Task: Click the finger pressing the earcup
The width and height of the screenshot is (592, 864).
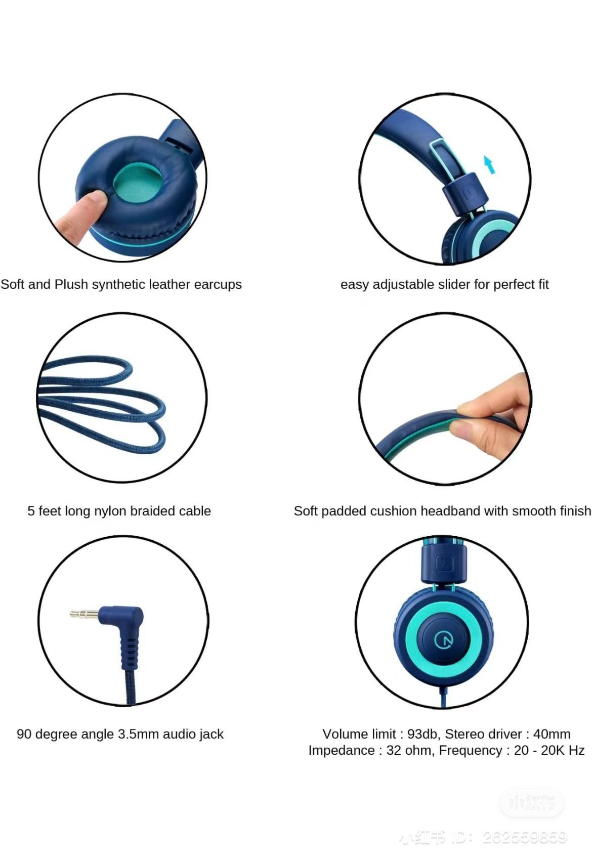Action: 81,218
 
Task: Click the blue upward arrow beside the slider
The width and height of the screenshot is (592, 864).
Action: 489,164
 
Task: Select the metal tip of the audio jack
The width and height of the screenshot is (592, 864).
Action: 83,614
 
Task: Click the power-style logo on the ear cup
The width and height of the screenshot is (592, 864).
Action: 444,640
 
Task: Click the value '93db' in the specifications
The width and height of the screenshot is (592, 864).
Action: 422,734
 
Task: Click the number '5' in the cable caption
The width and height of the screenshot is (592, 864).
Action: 31,511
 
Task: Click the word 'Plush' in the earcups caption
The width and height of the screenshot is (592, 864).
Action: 74,284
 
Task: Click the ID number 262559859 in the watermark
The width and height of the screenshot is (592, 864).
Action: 525,838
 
